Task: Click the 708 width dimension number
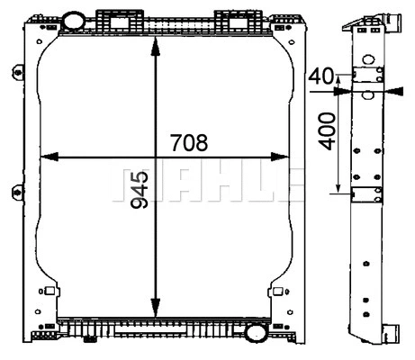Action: (189, 142)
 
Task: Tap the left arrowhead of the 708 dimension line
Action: (48, 157)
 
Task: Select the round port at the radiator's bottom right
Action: (257, 333)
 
